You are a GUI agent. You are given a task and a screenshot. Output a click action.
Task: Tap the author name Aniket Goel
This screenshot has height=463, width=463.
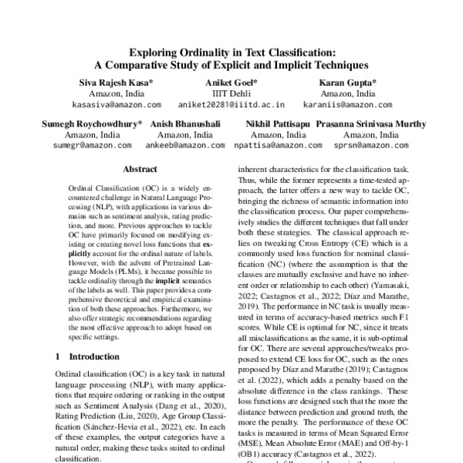pyautogui.click(x=231, y=82)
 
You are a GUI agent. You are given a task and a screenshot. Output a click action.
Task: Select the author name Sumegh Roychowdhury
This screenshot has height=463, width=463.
pyautogui.click(x=92, y=123)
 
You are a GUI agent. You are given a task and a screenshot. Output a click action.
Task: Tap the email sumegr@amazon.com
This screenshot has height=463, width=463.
pyautogui.click(x=92, y=144)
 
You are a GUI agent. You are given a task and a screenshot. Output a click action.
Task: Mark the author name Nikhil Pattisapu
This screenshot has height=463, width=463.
pyautogui.click(x=276, y=123)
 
